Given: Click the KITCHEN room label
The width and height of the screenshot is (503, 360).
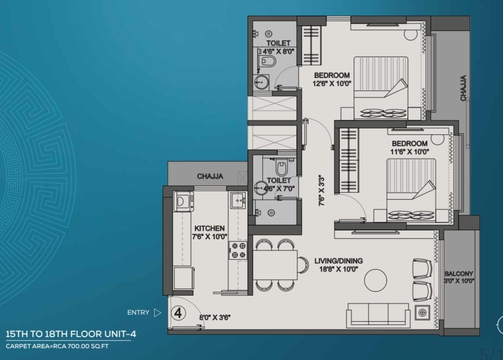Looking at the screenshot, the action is pyautogui.click(x=210, y=229).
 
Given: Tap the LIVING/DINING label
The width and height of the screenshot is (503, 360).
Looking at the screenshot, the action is pyautogui.click(x=339, y=261).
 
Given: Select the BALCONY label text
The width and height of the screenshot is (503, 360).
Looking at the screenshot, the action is pyautogui.click(x=459, y=274).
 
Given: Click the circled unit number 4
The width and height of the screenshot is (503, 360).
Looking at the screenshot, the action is pyautogui.click(x=178, y=313).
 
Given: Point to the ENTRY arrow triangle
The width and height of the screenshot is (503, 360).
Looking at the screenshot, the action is pyautogui.click(x=157, y=312).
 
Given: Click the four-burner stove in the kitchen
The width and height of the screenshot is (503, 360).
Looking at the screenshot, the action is pyautogui.click(x=238, y=250).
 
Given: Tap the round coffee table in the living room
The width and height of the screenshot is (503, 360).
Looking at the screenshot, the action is pyautogui.click(x=376, y=280).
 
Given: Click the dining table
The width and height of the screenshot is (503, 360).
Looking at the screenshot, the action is pyautogui.click(x=276, y=265).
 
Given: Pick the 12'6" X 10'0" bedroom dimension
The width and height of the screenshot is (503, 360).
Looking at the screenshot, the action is pyautogui.click(x=332, y=84).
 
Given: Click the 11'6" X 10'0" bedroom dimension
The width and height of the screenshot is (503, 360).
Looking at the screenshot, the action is pyautogui.click(x=410, y=152).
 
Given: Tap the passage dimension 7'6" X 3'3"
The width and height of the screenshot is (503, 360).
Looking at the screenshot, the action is pyautogui.click(x=322, y=190).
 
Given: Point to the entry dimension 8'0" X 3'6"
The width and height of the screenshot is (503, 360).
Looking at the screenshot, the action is pyautogui.click(x=215, y=318).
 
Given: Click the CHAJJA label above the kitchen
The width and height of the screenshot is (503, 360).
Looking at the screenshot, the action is pyautogui.click(x=210, y=176).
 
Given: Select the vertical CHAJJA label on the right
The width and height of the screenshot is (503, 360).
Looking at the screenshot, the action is pyautogui.click(x=463, y=88).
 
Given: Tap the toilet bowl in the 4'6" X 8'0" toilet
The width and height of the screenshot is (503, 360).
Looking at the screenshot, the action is pyautogui.click(x=267, y=61).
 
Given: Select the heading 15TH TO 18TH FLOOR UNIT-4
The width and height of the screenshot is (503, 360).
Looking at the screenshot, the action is pyautogui.click(x=71, y=334).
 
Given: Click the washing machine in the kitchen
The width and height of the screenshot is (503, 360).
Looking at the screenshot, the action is pyautogui.click(x=183, y=202).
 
